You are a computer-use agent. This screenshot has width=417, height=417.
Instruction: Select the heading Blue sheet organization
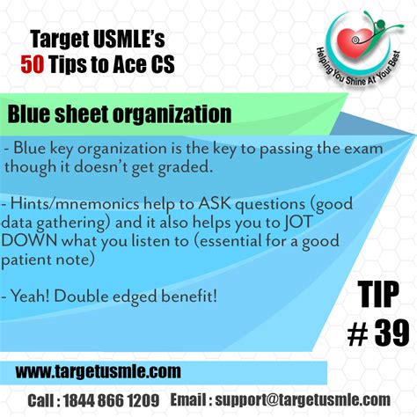(x=120, y=114)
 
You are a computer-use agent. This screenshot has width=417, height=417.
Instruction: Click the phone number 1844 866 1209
(x=116, y=399)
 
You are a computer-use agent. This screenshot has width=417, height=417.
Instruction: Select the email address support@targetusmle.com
(x=310, y=399)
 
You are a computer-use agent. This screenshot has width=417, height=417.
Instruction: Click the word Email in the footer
(x=189, y=399)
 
